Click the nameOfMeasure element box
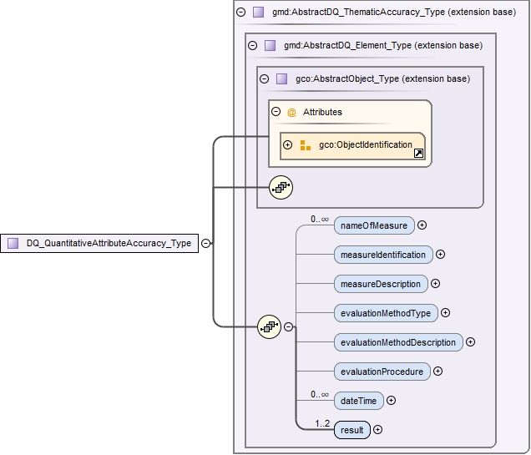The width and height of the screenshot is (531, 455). (x=373, y=225)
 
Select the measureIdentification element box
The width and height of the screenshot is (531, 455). (x=382, y=255)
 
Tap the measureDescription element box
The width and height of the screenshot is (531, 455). (x=380, y=284)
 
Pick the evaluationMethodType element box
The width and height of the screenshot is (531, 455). (x=385, y=313)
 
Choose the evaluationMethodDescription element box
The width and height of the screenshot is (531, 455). (x=397, y=342)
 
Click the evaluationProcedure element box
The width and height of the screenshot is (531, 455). (x=382, y=372)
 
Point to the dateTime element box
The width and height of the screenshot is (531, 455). (x=357, y=401)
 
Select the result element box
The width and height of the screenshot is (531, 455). (x=351, y=430)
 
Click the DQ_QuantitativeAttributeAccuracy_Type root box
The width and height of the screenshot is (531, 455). (x=99, y=244)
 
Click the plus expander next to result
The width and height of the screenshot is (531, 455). (x=378, y=430)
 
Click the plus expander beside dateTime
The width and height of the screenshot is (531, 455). (x=392, y=401)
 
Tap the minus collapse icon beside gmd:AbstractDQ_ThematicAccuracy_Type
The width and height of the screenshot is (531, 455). (x=241, y=13)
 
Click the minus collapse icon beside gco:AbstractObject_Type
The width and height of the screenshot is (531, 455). (x=264, y=79)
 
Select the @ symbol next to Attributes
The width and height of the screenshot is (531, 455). (x=291, y=112)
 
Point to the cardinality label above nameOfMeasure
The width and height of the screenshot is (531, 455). (x=319, y=219)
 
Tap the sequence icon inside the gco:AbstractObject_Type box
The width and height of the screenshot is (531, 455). (x=281, y=189)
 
